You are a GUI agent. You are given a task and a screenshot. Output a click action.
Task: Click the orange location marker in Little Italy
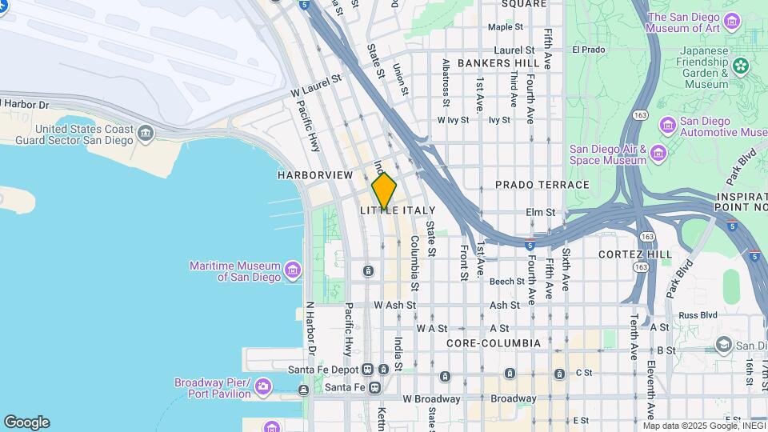pyautogui.click(x=384, y=190)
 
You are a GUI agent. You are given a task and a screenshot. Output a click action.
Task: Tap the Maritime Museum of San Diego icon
pyautogui.click(x=292, y=271)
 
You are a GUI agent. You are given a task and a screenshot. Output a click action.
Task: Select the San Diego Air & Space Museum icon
pyautogui.click(x=658, y=153)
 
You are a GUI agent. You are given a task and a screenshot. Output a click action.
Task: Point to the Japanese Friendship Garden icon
pyautogui.click(x=741, y=64)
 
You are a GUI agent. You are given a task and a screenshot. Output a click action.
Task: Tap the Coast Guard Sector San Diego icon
pyautogui.click(x=145, y=133)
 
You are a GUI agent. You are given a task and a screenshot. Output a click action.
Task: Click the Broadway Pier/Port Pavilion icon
pyautogui.click(x=263, y=388)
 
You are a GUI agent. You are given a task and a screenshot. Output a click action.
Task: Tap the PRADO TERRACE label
pyautogui.click(x=542, y=185)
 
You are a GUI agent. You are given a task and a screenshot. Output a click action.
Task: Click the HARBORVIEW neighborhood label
pyautogui.click(x=315, y=174)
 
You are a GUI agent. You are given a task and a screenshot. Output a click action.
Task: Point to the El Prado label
pyautogui.click(x=588, y=50)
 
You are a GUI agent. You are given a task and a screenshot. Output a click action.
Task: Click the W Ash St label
pyautogui.click(x=395, y=305)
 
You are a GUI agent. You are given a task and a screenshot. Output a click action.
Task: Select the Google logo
pyautogui.click(x=26, y=422)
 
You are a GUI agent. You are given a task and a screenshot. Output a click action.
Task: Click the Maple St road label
pyautogui.click(x=505, y=27)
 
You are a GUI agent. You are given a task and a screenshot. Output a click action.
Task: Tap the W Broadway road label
pyautogui.click(x=431, y=398)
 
